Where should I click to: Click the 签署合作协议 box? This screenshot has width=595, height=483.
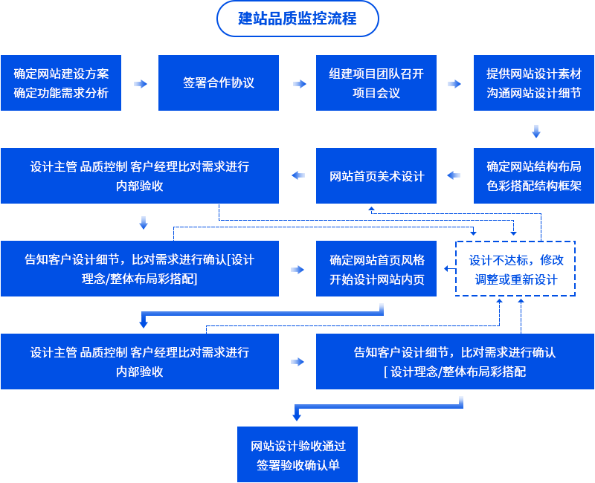pos(219,82)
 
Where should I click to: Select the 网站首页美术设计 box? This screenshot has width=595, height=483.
pos(376,175)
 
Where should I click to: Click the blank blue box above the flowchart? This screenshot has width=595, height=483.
pos(297,19)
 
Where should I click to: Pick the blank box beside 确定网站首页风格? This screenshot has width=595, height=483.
pos(515,268)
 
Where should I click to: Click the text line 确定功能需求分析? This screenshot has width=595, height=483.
pos(61,93)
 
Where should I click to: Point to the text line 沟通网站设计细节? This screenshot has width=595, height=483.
pos(534,93)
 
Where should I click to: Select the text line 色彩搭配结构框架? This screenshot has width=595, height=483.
pos(534,186)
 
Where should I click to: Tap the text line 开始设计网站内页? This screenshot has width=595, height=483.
pos(377,279)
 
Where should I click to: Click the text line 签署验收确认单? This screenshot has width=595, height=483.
pos(297,465)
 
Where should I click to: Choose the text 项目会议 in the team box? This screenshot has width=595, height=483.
pos(376,93)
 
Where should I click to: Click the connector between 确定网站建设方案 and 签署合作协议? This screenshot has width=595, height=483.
pos(140,83)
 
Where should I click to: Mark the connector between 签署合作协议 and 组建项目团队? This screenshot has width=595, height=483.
pos(300,83)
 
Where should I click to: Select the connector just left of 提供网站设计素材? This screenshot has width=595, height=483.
pos(454,83)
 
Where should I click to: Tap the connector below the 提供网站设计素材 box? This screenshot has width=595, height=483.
pos(536,132)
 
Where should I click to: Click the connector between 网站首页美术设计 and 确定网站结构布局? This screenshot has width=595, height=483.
pos(454,175)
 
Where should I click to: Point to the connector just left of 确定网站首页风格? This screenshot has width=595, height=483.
pos(297,269)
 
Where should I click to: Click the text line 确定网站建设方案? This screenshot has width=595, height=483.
pos(61,74)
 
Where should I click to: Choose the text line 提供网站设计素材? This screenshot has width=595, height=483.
pos(534,74)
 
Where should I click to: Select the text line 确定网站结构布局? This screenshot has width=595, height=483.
pos(534,166)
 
